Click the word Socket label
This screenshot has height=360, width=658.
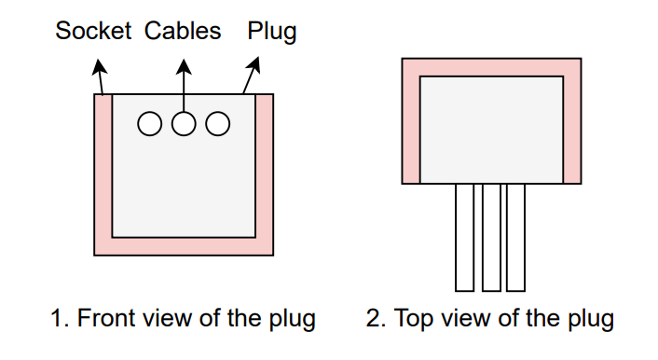pos(93,31)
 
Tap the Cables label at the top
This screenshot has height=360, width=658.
pos(183,31)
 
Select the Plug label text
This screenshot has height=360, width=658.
pos(272,31)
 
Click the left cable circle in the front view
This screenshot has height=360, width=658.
pos(150,123)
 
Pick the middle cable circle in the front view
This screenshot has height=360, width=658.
pos(184,123)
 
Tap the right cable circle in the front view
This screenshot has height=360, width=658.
pos(218,123)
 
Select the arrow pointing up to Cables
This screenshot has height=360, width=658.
pos(184,79)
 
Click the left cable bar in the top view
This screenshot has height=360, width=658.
pos(464,237)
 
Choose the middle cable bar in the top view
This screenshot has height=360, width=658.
pos(491,237)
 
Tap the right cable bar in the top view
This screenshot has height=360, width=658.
pos(516,237)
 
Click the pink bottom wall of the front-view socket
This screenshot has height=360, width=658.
pos(184,246)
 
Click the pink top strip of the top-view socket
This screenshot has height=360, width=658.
pos(491,67)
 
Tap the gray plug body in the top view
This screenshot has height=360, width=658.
pos(491,129)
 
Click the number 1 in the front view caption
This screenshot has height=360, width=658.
pos(56,319)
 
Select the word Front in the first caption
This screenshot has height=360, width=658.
pos(104,319)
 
